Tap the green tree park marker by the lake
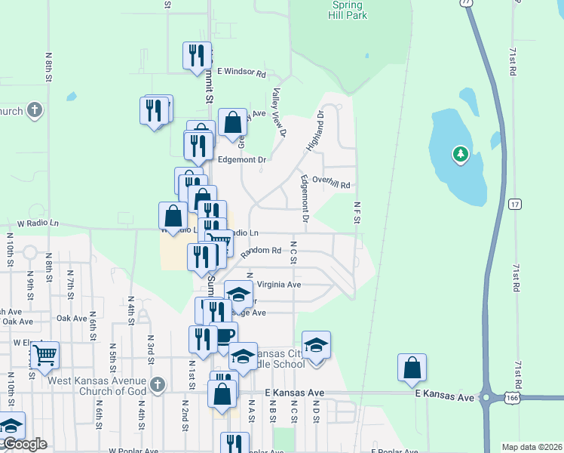tap(460, 156)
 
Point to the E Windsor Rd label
tap(241, 73)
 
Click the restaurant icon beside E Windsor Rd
tap(196, 54)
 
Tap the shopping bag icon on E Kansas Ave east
tap(412, 368)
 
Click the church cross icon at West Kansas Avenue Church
tap(157, 384)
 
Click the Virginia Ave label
tap(279, 285)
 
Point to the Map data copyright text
tap(531, 447)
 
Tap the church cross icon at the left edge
tap(34, 111)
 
